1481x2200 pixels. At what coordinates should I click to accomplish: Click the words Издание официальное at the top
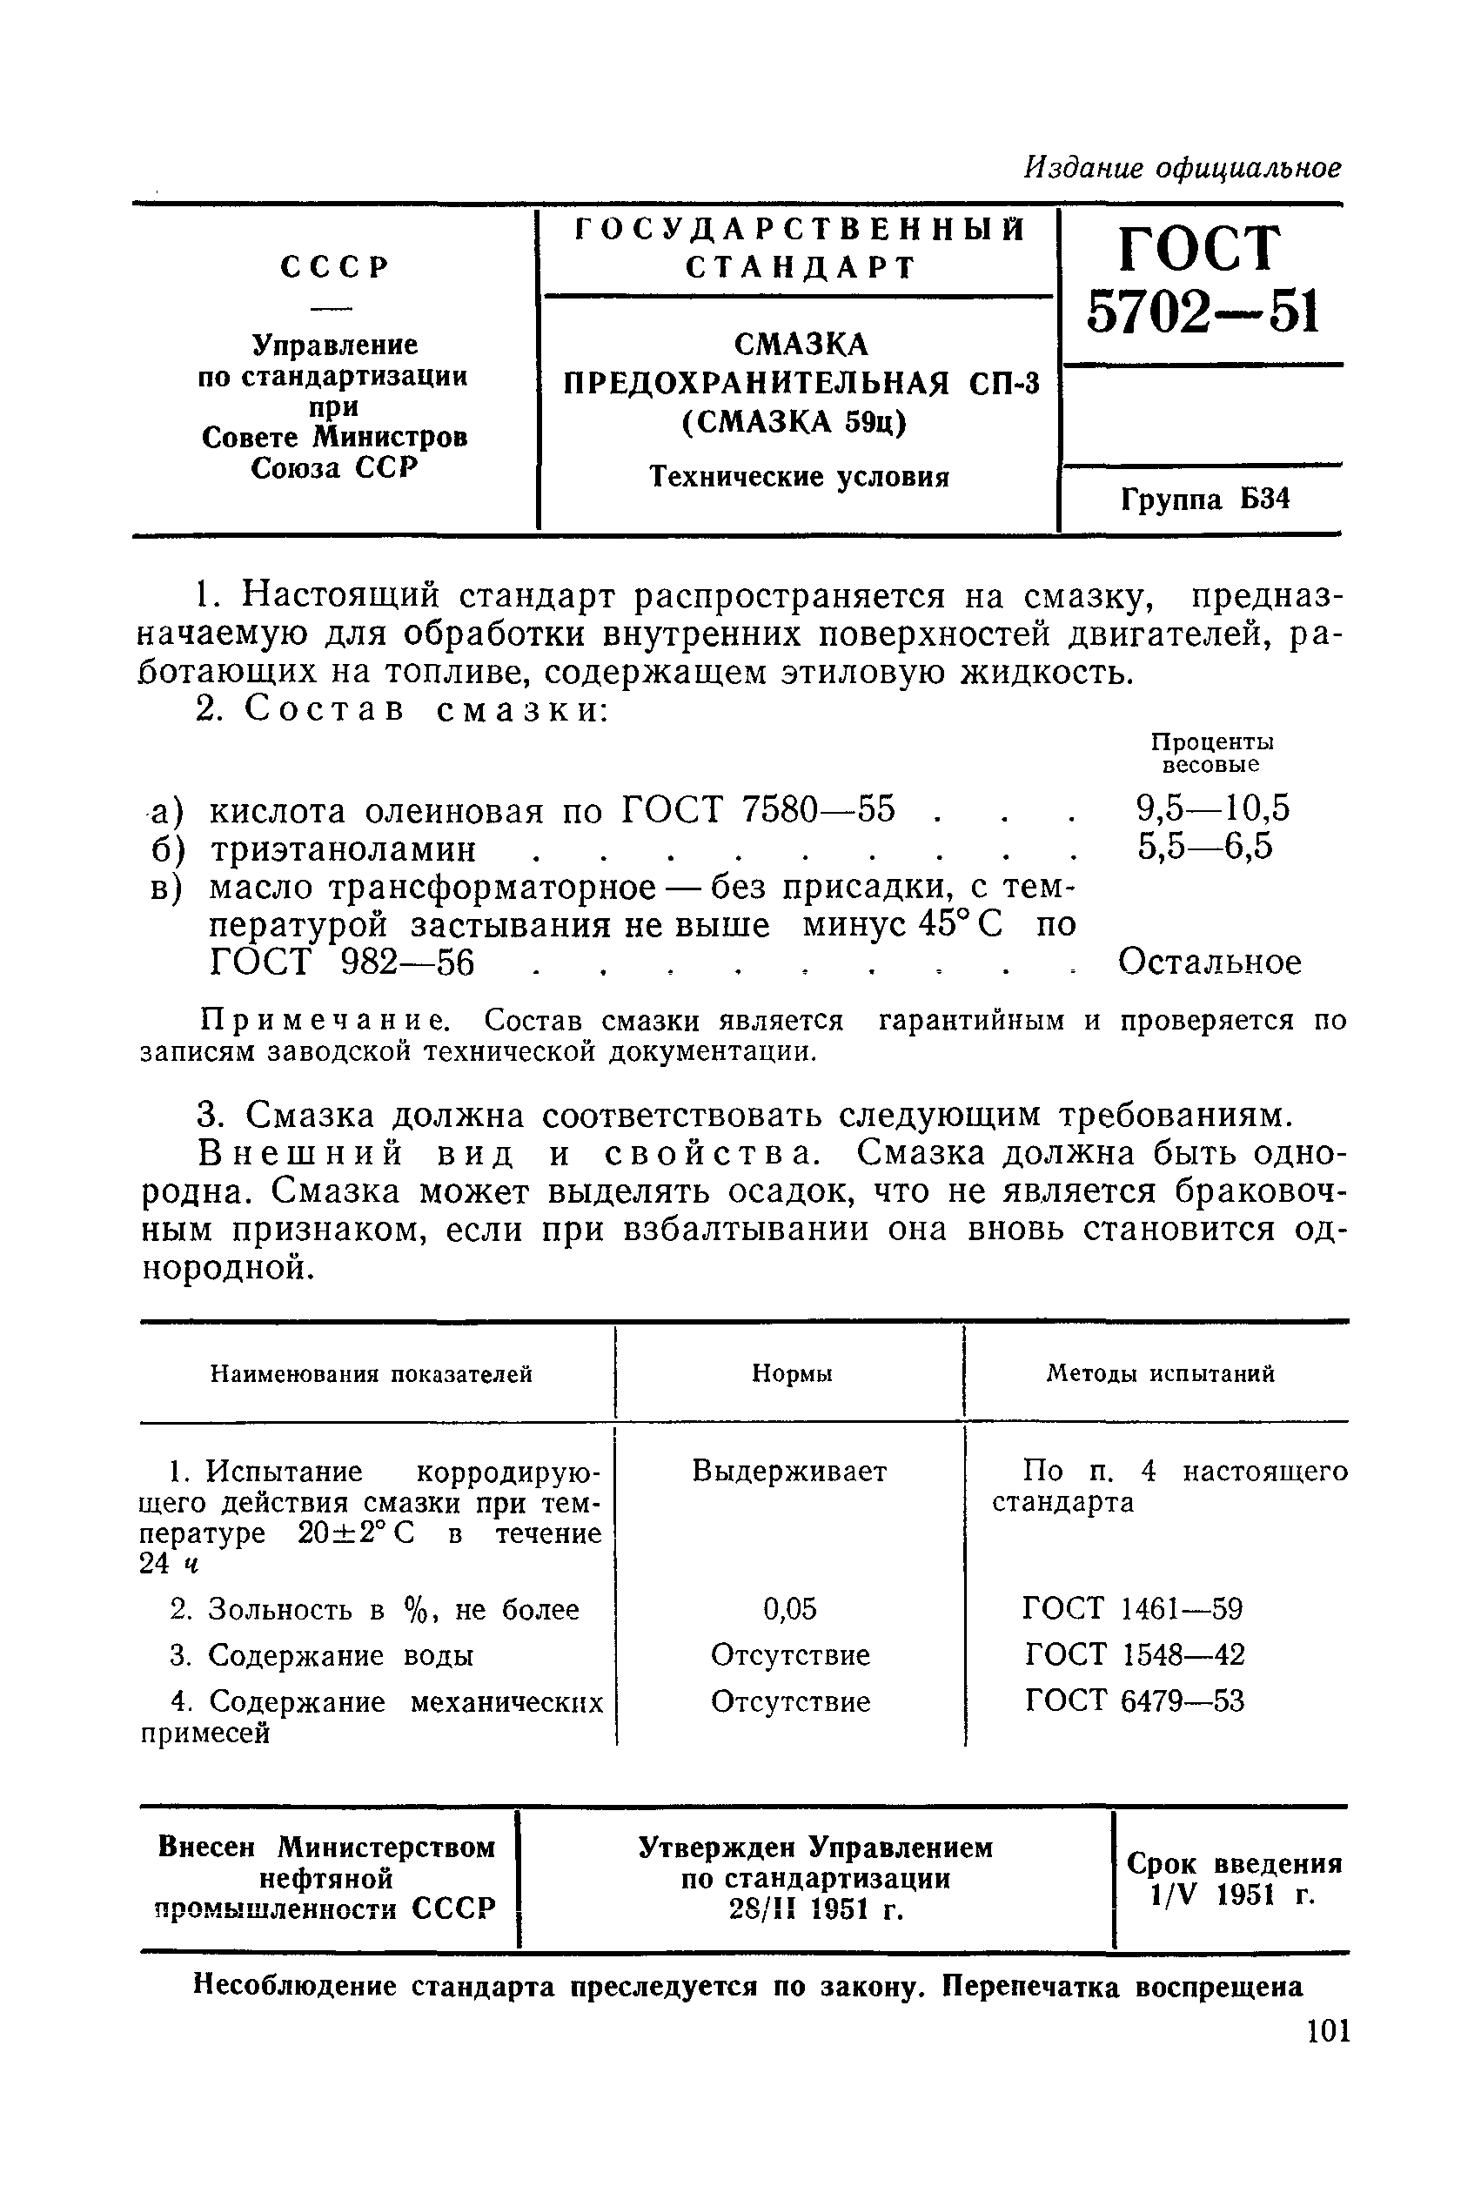tap(1183, 169)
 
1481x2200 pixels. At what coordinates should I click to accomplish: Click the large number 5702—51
tap(1202, 311)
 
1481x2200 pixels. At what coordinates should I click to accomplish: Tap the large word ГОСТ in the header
tap(1200, 248)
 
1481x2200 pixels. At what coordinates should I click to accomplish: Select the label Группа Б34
tap(1205, 499)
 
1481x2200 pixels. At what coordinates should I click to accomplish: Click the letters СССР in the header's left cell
tap(334, 268)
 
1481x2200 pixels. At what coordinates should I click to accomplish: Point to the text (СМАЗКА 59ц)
tap(793, 421)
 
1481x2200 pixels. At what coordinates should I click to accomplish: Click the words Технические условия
tap(799, 477)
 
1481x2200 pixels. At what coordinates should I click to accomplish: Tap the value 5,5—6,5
tap(1205, 847)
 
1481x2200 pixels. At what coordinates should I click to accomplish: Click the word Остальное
tap(1210, 962)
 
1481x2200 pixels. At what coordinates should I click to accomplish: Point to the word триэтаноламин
tap(342, 849)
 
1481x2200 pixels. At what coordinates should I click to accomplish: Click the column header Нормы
tap(792, 1373)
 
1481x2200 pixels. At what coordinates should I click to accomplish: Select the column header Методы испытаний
tap(1160, 1373)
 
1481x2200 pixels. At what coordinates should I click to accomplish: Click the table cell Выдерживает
tap(789, 1471)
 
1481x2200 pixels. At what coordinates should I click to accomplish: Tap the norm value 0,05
tap(789, 1609)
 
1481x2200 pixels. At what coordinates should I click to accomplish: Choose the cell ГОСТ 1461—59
tap(1132, 1609)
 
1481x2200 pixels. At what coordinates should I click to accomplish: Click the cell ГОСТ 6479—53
tap(1135, 1701)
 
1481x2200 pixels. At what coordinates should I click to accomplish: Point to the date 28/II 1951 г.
tap(816, 1910)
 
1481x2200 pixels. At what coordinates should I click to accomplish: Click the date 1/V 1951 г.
tap(1233, 1895)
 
